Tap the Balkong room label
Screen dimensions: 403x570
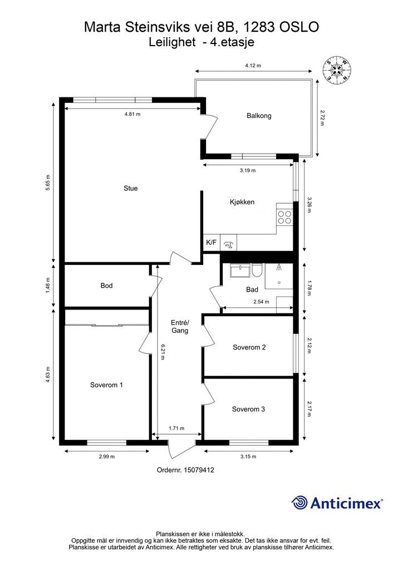coord(259,116)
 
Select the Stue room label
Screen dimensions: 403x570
coord(130,188)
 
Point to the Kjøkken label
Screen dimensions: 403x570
coord(242,202)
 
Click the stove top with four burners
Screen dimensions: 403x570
coord(284,217)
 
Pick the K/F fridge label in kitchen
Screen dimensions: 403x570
coord(211,243)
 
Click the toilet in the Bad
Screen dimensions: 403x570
coord(257,271)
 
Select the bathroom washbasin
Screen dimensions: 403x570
coord(240,271)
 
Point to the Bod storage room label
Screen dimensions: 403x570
coord(106,286)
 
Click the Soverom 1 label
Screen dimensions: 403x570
coord(106,385)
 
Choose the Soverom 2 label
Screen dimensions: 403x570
coord(249,347)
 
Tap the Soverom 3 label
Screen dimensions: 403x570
coord(248,409)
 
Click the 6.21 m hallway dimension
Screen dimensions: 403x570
coord(162,352)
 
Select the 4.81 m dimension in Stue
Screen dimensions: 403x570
coord(132,114)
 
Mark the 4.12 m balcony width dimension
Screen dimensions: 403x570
coord(253,66)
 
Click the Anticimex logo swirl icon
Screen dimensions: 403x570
coord(299,503)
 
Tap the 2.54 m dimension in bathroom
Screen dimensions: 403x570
coord(261,302)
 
